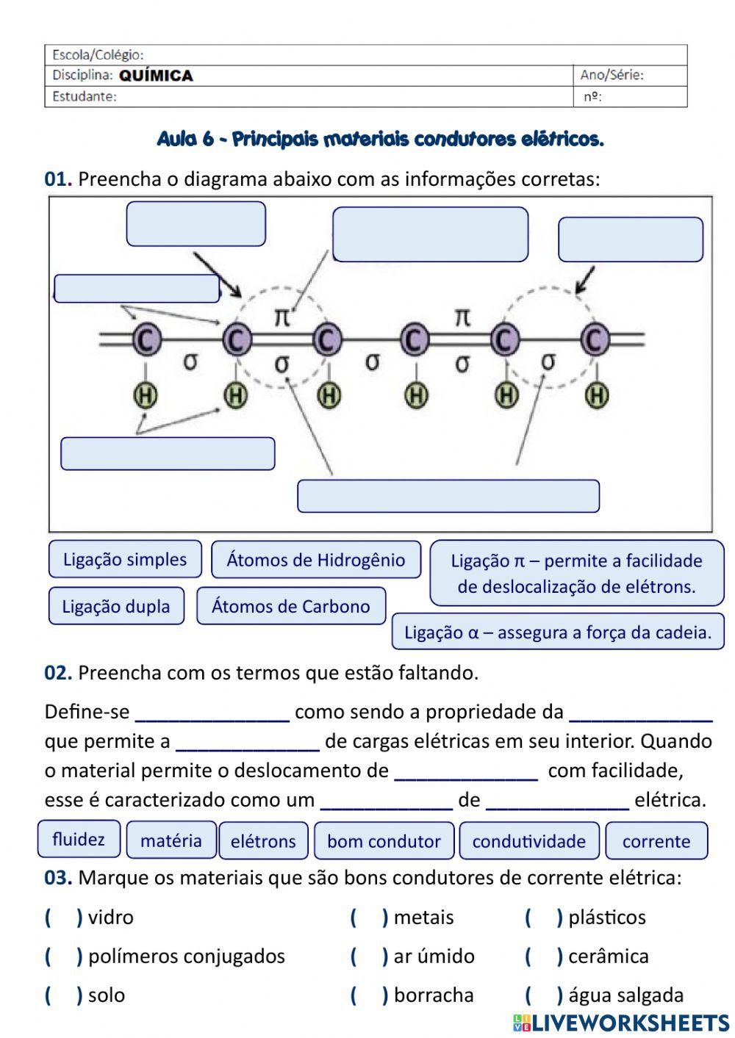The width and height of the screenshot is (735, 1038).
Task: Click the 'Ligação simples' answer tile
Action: [125, 560]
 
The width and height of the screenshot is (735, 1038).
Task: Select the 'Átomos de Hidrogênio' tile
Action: [316, 561]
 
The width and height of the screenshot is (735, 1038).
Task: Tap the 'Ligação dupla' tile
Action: [116, 607]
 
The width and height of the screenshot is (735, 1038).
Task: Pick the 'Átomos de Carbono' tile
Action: [291, 607]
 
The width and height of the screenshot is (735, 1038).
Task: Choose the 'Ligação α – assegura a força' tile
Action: [558, 632]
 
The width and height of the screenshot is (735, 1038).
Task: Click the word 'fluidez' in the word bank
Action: [79, 839]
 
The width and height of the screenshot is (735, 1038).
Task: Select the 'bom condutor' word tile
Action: [384, 841]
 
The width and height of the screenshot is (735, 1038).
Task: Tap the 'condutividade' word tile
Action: [529, 841]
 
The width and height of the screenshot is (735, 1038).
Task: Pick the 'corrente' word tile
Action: [656, 841]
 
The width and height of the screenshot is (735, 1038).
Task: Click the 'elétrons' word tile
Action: [263, 841]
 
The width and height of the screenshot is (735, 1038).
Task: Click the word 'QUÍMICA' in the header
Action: [156, 76]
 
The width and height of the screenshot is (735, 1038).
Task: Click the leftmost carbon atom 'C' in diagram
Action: [146, 339]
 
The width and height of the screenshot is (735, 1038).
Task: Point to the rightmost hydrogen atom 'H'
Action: [597, 396]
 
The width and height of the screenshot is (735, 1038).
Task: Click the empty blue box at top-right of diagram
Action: [631, 239]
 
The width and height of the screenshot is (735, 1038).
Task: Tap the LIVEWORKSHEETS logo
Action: [621, 1023]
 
